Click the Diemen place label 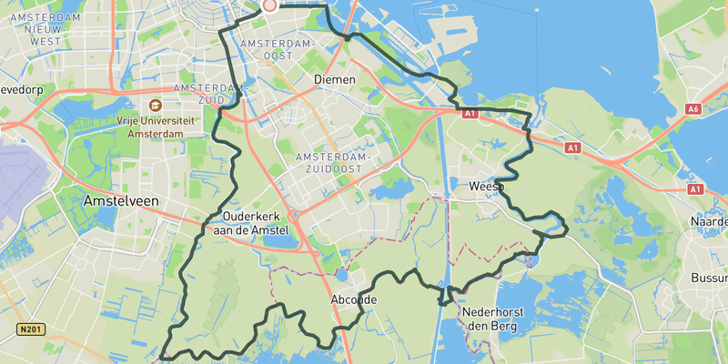click(x=333, y=80)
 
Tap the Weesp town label click(x=486, y=187)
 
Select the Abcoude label click(x=353, y=299)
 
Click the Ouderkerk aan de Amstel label click(x=256, y=223)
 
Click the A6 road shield click(x=693, y=109)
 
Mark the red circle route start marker click(x=269, y=5)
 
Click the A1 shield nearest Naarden click(x=695, y=189)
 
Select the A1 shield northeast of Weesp click(x=571, y=147)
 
